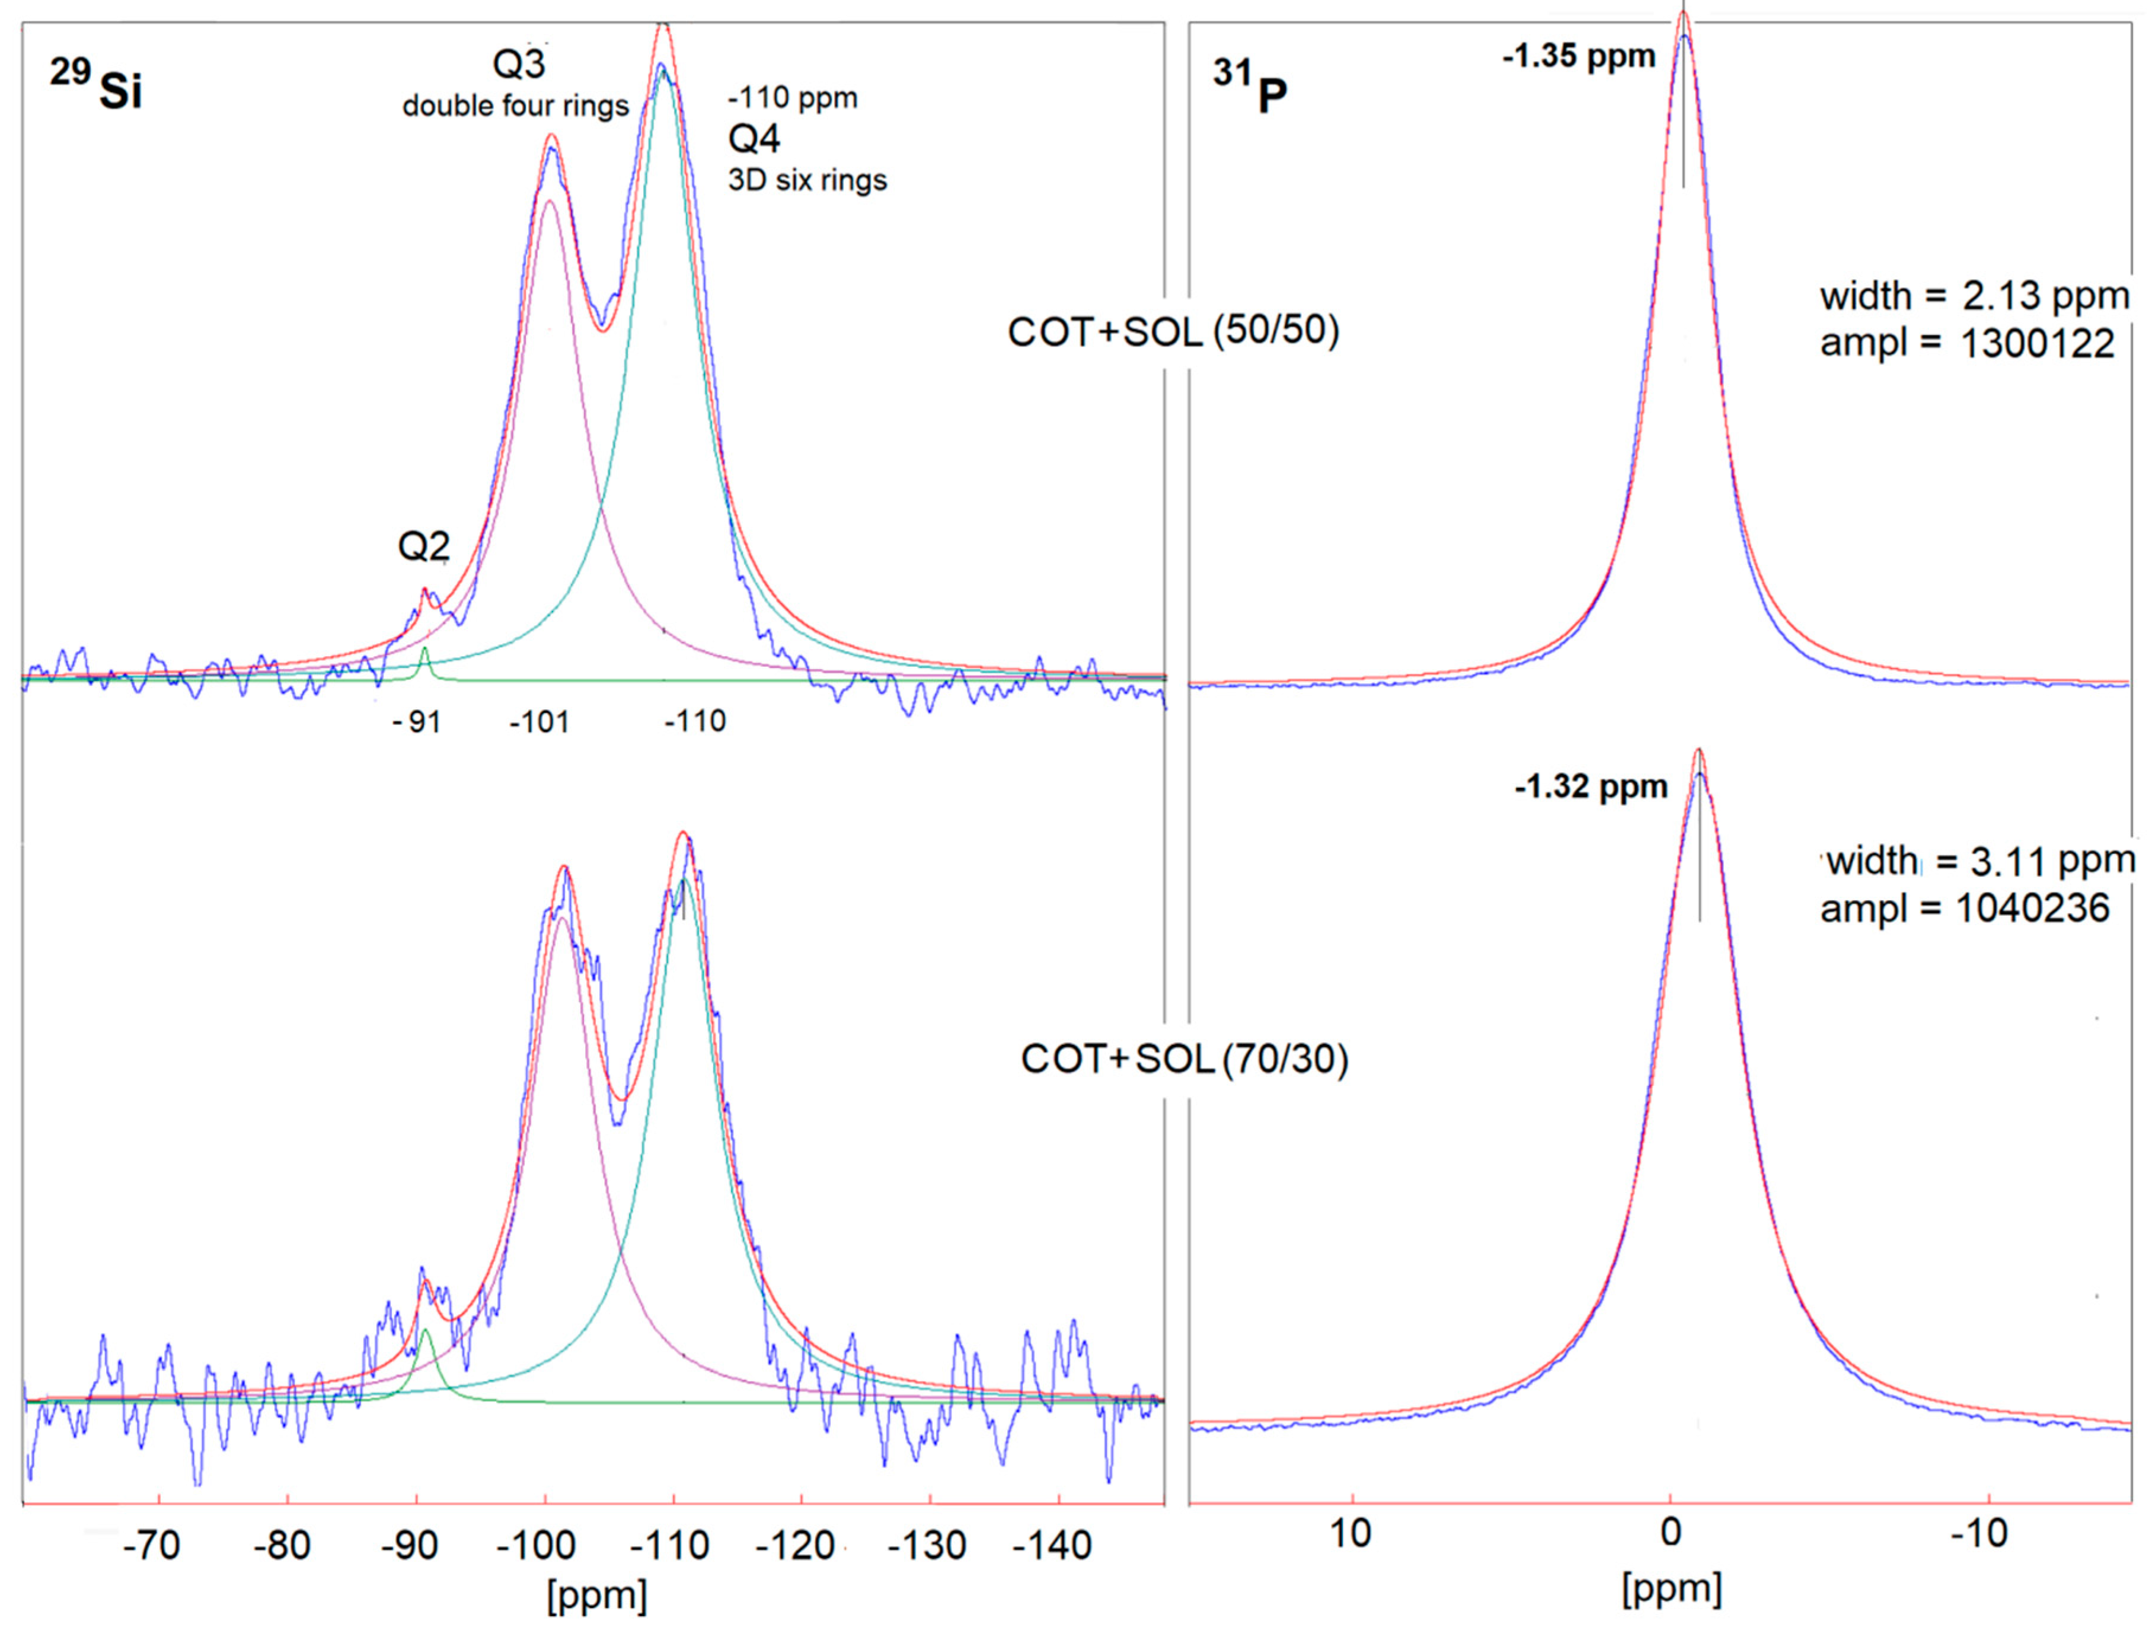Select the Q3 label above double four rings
(519, 65)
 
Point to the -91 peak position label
(417, 722)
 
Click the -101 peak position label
(539, 722)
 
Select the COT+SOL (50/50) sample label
(1173, 332)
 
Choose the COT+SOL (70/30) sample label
(1184, 1059)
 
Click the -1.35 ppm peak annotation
(1578, 56)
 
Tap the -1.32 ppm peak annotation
(1591, 786)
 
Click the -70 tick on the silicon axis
(151, 1545)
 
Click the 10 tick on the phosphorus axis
(1350, 1534)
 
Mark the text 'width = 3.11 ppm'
(1978, 861)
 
